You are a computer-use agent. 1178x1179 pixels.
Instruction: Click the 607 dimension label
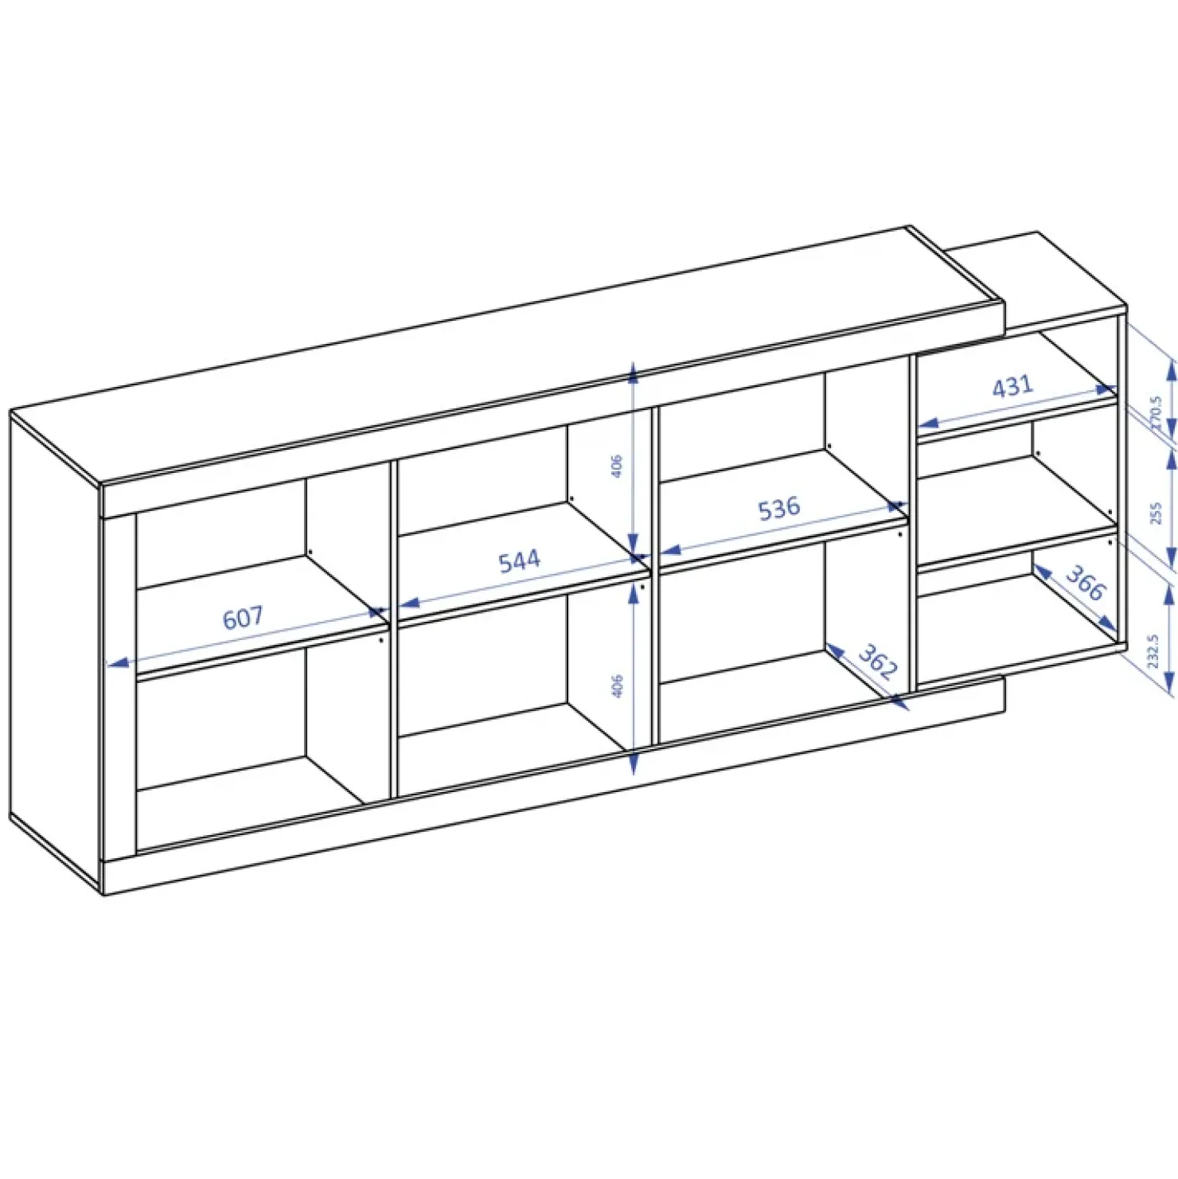pos(243,617)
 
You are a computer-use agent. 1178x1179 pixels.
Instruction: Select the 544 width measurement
pos(519,560)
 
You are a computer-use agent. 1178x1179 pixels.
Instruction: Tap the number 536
pos(778,508)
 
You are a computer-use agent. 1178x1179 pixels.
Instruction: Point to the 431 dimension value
pos(1012,386)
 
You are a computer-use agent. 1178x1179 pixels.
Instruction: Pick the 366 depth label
pos(1085,584)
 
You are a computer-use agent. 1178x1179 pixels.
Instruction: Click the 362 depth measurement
pos(878,662)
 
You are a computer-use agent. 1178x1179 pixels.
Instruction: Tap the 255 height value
pos(1156,513)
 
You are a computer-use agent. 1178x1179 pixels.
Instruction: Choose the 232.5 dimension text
pos(1154,651)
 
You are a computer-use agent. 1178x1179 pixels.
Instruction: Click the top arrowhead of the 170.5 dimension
pos(1170,369)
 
